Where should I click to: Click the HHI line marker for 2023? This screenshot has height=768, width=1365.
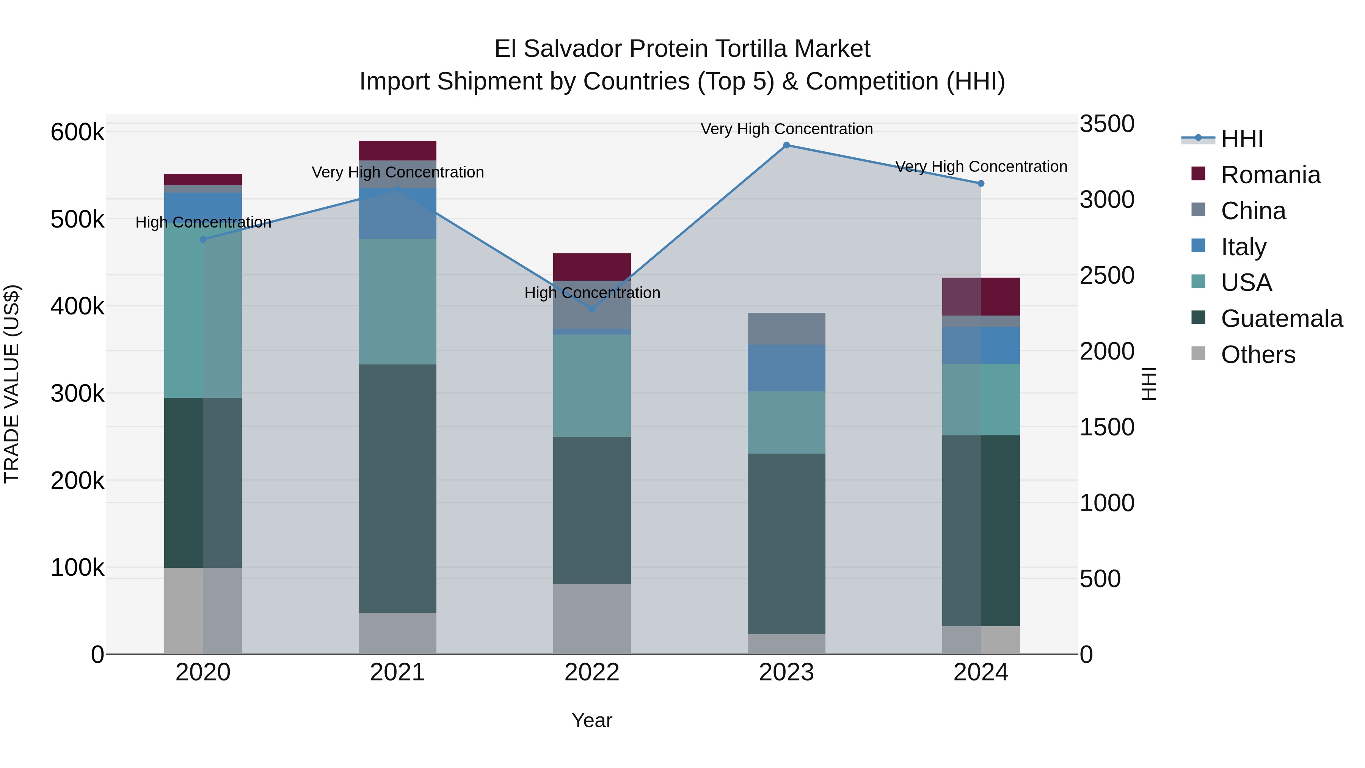(786, 145)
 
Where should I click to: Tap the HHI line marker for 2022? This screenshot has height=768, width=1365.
(592, 309)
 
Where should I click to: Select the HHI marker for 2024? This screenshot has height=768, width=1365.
(981, 184)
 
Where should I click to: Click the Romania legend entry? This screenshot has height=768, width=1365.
(1270, 175)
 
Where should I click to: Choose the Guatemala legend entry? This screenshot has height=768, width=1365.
(1281, 319)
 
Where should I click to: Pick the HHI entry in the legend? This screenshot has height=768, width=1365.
(1241, 139)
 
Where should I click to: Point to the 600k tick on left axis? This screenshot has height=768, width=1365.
(77, 132)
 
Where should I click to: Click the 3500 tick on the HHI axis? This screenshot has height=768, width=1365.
(1107, 124)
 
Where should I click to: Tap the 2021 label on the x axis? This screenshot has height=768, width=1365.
(397, 672)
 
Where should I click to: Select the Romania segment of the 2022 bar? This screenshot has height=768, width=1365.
(592, 267)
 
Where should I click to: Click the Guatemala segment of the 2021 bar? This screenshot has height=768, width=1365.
(397, 488)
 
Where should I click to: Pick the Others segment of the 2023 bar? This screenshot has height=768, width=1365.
(786, 644)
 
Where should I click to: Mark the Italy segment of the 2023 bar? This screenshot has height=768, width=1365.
(786, 368)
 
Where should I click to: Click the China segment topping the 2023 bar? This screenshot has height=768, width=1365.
(786, 328)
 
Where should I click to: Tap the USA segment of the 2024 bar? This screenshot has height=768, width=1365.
(981, 399)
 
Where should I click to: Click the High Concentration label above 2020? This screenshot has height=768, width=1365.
(204, 222)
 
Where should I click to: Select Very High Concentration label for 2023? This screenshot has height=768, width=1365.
(786, 129)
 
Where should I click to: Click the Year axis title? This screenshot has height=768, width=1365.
(592, 720)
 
